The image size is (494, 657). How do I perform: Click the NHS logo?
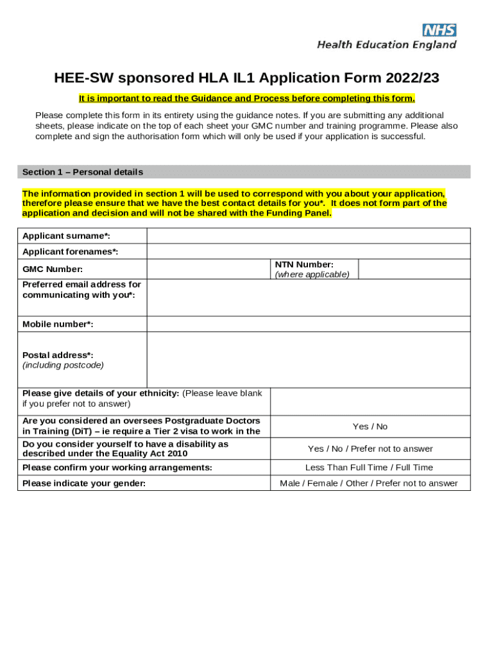[x=439, y=30]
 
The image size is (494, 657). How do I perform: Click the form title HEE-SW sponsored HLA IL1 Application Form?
[x=247, y=78]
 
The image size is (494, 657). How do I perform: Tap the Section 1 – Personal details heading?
[x=83, y=172]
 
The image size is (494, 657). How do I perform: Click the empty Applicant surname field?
[x=308, y=235]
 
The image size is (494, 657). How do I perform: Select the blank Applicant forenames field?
[x=308, y=252]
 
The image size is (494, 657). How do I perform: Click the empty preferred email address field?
[x=308, y=297]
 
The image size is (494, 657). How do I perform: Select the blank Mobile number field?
[x=308, y=324]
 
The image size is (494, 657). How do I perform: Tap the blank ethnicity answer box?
[x=370, y=401]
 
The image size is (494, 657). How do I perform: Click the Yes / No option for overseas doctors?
[x=370, y=427]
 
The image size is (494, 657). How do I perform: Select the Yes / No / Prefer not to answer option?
[x=370, y=448]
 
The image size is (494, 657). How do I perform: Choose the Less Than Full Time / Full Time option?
[x=369, y=467]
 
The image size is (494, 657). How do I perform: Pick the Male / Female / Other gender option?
[x=369, y=483]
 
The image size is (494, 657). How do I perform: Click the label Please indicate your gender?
[x=84, y=483]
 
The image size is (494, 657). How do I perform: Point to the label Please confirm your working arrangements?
[x=117, y=467]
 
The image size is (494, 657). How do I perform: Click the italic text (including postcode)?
[x=63, y=365]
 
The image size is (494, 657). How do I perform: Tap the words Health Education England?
[x=387, y=45]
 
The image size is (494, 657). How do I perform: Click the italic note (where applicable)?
[x=312, y=274]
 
